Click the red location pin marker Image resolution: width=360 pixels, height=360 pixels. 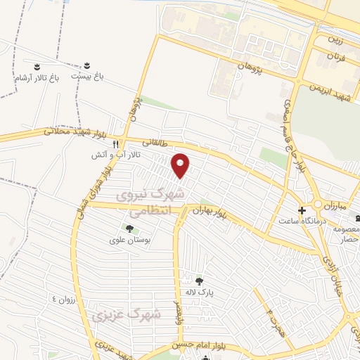(x=181, y=166)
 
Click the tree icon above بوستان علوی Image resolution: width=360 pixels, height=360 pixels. (x=129, y=228)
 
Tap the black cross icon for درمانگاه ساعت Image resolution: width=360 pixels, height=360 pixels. (x=302, y=210)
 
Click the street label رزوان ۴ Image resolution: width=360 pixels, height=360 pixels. (x=63, y=298)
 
